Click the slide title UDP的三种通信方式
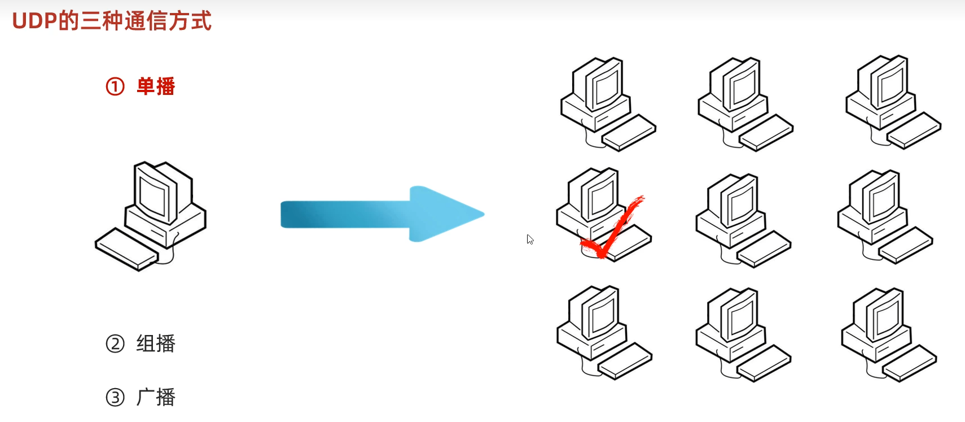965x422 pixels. [112, 21]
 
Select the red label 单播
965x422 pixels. [156, 86]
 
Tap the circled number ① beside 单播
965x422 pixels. [115, 86]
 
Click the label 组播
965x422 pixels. [156, 343]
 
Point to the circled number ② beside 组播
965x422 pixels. [115, 343]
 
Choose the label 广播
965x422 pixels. [156, 397]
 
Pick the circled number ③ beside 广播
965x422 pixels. [115, 397]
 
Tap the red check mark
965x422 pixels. [612, 229]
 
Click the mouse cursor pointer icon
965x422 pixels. [530, 239]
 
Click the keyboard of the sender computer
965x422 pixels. [125, 249]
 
